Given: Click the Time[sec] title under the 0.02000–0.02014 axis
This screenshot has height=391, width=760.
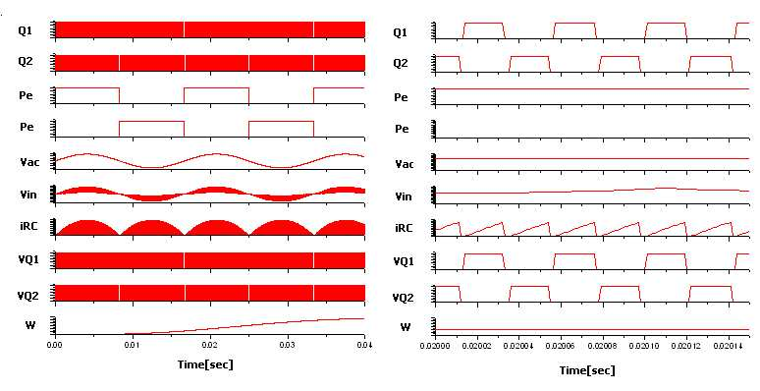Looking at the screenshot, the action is pyautogui.click(x=587, y=370).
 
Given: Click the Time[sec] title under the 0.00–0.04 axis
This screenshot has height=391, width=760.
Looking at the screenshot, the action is pyautogui.click(x=205, y=364).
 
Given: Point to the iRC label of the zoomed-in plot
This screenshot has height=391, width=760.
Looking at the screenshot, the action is pyautogui.click(x=404, y=228).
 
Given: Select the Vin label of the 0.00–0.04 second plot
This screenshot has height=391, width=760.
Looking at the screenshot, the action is pyautogui.click(x=28, y=195).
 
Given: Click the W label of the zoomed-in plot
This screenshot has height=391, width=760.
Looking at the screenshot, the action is pyautogui.click(x=406, y=327).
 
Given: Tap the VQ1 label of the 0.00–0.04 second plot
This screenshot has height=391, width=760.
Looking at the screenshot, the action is pyautogui.click(x=28, y=260).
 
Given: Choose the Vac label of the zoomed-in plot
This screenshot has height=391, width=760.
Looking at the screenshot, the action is pyautogui.click(x=404, y=164).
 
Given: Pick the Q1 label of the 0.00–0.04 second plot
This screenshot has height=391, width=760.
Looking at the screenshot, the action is pyautogui.click(x=26, y=30).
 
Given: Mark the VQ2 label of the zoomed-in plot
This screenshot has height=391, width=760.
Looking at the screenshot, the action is pyautogui.click(x=403, y=297).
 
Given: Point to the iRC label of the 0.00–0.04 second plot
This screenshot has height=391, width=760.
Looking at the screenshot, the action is pyautogui.click(x=28, y=226).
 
